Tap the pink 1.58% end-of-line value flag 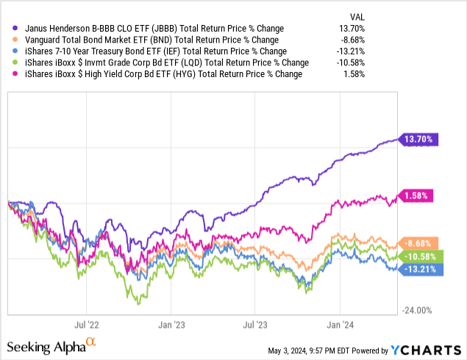[x=418, y=195]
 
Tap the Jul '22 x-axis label [x=88, y=322]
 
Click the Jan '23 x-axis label [x=171, y=322]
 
